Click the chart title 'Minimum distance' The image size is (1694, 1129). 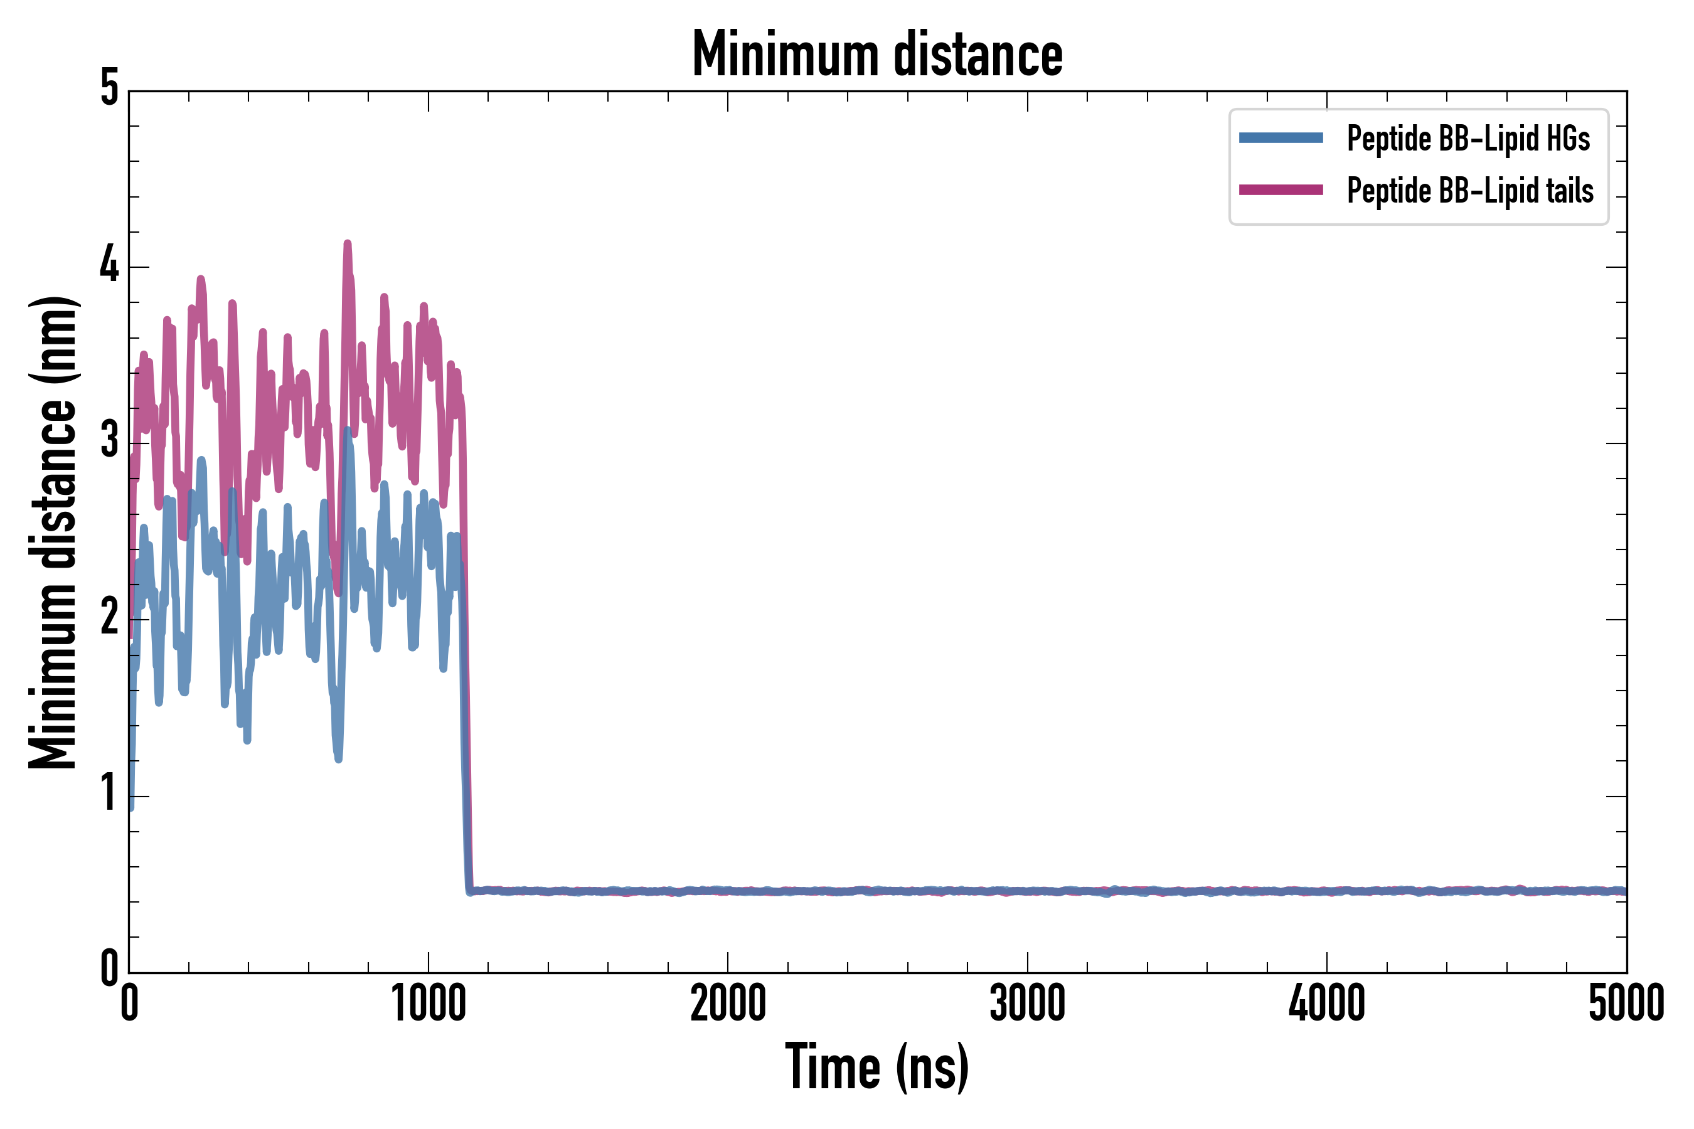pos(876,55)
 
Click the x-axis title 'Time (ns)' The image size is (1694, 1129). pos(876,1067)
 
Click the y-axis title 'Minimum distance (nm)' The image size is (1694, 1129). pos(53,533)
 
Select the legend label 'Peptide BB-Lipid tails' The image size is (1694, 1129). pos(1470,191)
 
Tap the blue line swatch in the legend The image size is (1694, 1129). pos(1281,138)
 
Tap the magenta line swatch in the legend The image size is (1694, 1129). pos(1281,190)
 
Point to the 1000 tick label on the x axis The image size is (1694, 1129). pos(429,1004)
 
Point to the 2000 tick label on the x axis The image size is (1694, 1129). pos(727,1004)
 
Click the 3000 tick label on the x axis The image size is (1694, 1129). pos(1027,1004)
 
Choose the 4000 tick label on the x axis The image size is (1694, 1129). pos(1327,1004)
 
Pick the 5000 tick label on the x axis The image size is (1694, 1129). pos(1626,1004)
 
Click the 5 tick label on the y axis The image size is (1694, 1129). pos(109,89)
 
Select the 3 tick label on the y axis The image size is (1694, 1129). pos(109,441)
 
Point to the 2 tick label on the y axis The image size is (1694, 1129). pos(109,618)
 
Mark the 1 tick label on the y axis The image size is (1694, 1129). pos(109,794)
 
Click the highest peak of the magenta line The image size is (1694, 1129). pos(347,244)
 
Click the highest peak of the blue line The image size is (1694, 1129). pos(347,430)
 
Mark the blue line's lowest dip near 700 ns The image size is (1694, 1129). pos(338,758)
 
